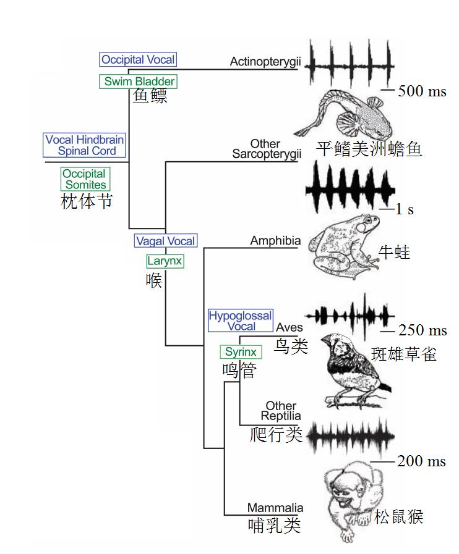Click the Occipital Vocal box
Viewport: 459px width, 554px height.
[138, 60]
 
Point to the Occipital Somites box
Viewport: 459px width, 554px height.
[85, 179]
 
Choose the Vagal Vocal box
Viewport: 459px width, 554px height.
[165, 241]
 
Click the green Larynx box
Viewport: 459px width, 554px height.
[165, 261]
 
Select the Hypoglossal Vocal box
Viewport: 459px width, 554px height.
[240, 321]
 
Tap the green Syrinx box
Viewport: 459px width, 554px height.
[241, 352]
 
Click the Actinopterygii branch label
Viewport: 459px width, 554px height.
[264, 61]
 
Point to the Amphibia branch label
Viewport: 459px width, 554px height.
[275, 241]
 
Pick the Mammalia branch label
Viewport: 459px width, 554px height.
[275, 508]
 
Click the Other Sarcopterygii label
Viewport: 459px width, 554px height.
[267, 149]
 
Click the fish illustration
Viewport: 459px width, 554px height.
[346, 114]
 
